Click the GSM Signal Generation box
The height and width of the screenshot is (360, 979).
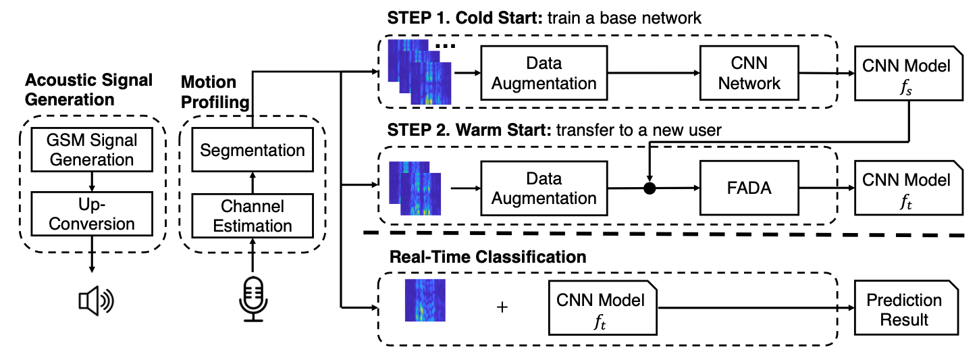92,149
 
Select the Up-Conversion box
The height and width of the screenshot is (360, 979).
92,214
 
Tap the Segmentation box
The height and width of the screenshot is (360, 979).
253,149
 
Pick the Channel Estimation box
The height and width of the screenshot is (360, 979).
253,216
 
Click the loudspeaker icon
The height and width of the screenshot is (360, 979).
96,301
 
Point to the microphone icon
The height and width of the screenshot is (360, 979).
253,299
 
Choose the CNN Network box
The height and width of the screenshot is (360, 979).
749,73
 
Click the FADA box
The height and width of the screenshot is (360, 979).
749,188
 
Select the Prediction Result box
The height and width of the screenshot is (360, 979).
906,308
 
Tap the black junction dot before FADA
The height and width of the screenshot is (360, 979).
650,188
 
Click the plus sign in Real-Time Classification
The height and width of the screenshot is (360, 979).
502,307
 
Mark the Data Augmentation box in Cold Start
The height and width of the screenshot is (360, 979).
544,73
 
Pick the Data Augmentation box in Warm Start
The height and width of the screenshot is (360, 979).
544,188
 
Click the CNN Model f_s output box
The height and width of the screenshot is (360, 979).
909,73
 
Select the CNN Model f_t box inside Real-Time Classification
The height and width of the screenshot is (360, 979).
603,308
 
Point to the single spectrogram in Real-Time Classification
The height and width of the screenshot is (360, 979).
425,300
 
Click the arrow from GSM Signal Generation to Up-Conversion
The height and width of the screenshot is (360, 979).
92,182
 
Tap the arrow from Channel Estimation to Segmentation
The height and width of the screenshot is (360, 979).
253,183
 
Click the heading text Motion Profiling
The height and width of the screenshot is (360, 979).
215,92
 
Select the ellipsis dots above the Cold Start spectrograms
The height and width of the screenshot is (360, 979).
446,46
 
